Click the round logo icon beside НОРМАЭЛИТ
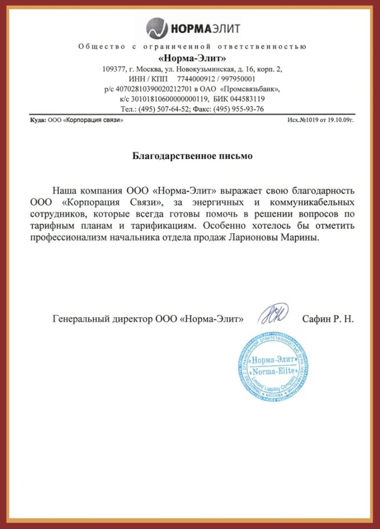click(156, 27)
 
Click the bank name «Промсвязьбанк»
click(250, 89)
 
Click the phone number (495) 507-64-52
click(165, 109)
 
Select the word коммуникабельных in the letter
click(313, 203)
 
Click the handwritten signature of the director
click(273, 316)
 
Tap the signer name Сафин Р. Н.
click(328, 319)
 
